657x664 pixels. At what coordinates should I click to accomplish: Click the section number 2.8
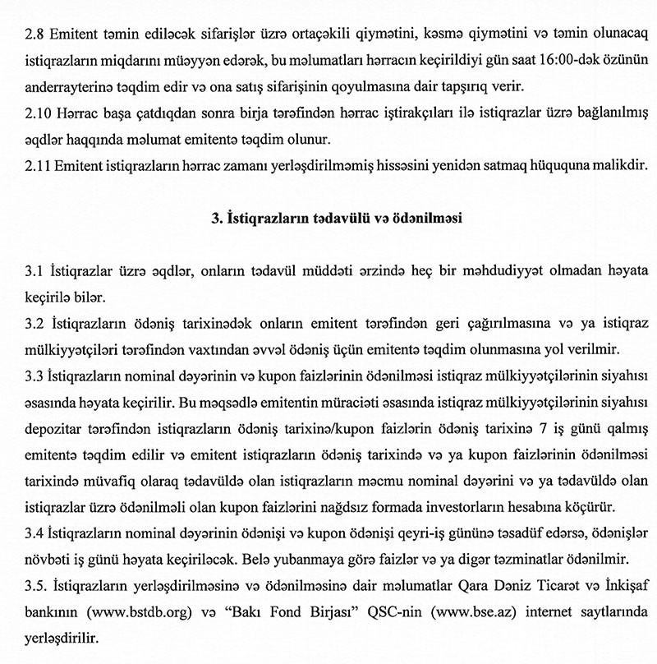pos(36,35)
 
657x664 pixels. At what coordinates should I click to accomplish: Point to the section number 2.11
pos(39,166)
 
